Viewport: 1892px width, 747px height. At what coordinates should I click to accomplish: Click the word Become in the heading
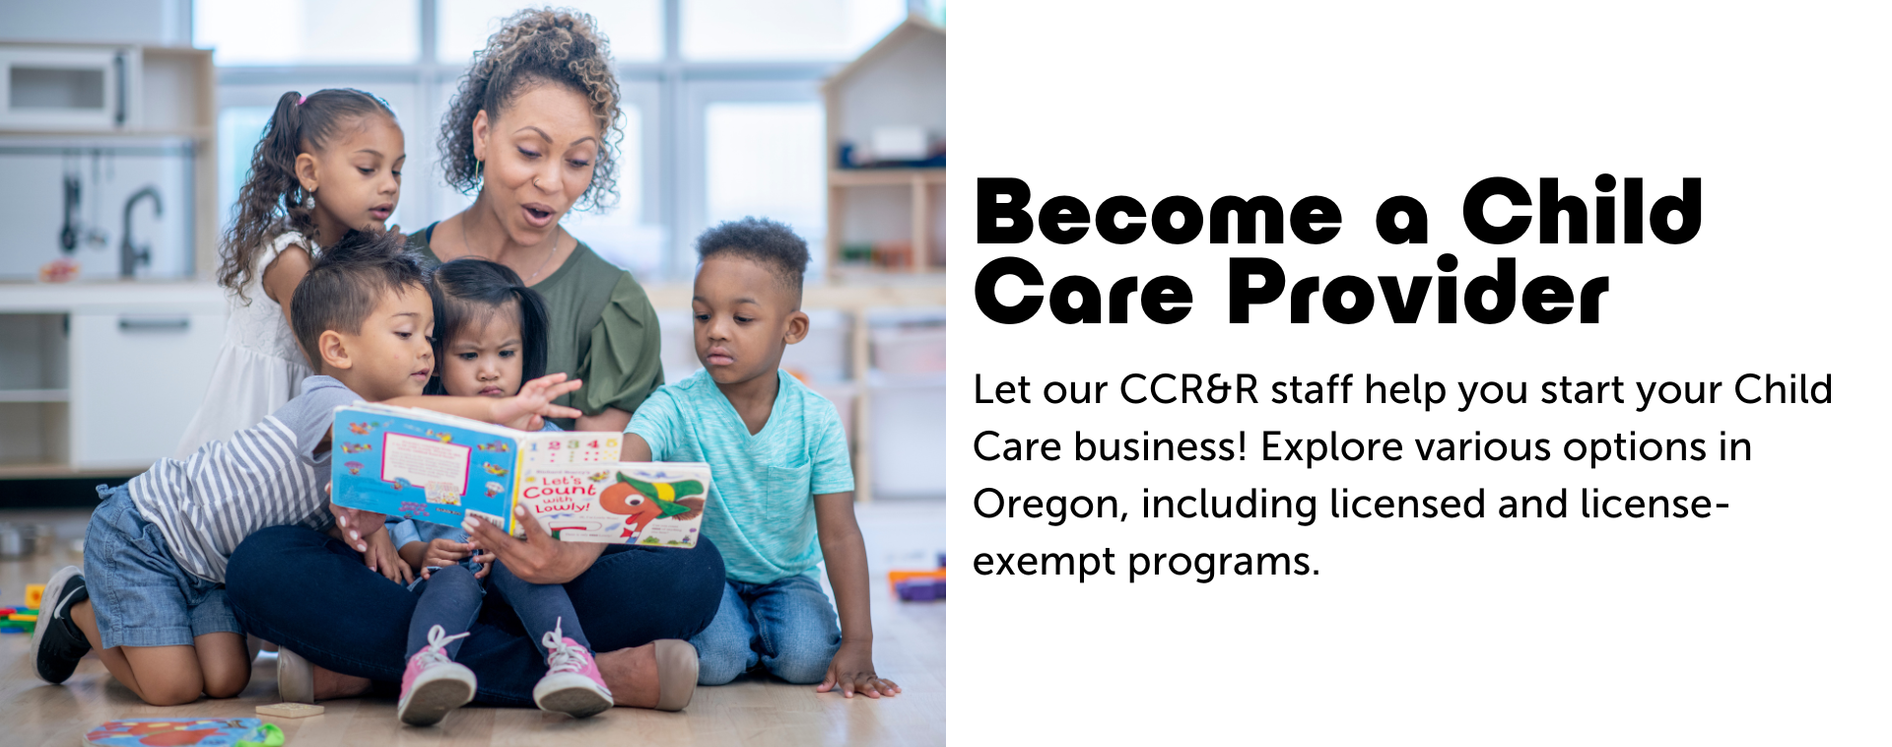(1158, 213)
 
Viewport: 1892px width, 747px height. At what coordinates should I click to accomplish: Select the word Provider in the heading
(1417, 294)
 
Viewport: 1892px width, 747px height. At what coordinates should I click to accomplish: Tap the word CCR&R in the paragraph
(1189, 390)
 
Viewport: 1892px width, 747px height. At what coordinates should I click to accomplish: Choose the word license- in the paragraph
(1655, 505)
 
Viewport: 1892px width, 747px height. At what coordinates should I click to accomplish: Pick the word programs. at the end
(1223, 562)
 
